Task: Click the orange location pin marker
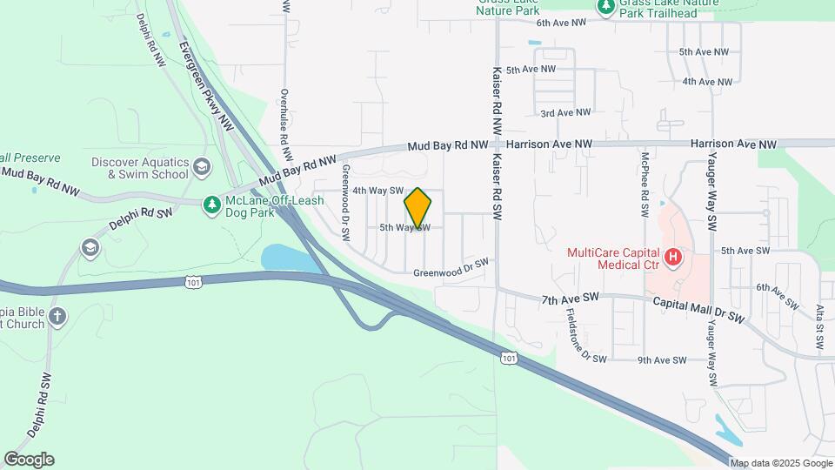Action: pos(417,208)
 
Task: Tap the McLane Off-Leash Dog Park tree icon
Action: pos(211,205)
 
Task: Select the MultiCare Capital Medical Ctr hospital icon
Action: pos(672,258)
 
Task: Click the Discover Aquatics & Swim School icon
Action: pos(202,167)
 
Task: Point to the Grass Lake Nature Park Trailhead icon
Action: pos(605,7)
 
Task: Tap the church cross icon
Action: pos(57,315)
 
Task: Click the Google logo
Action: pos(29,460)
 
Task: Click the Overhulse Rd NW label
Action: pos(284,117)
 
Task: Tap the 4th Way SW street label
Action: pos(377,191)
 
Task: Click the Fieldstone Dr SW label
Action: pos(578,335)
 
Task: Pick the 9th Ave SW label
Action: pos(662,360)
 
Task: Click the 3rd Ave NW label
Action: pos(565,113)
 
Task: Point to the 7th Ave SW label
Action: pos(571,298)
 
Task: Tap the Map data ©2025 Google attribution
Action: pos(780,463)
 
